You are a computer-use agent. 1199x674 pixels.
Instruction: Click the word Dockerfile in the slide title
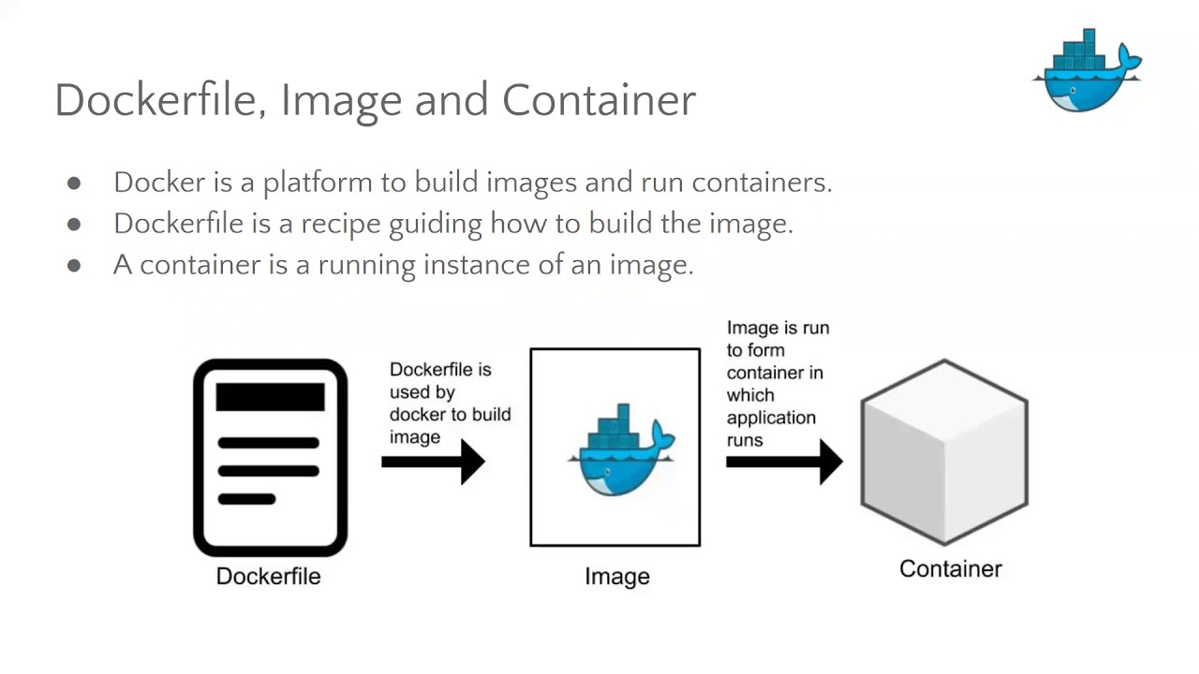[x=154, y=99]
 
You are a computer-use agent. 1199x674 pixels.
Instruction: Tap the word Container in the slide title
[x=599, y=99]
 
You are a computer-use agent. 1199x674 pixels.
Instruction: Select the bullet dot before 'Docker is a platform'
[x=74, y=183]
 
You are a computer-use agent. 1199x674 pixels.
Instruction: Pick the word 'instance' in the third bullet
[x=466, y=265]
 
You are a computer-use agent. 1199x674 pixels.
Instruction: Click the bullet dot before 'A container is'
[x=74, y=266]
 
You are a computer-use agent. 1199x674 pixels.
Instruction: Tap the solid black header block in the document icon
[x=270, y=397]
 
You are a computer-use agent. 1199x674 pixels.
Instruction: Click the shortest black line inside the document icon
[x=246, y=499]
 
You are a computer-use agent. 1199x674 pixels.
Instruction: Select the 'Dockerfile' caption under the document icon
[x=268, y=576]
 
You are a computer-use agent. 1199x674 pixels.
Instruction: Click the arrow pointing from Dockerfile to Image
[x=433, y=461]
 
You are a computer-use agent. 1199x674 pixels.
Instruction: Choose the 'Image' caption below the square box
[x=616, y=577]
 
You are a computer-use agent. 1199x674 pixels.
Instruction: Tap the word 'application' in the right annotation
[x=771, y=418]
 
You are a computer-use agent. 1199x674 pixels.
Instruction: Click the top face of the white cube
[x=944, y=398]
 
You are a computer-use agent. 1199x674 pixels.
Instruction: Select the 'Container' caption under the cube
[x=950, y=568]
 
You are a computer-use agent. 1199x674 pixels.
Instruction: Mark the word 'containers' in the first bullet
[x=761, y=183]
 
